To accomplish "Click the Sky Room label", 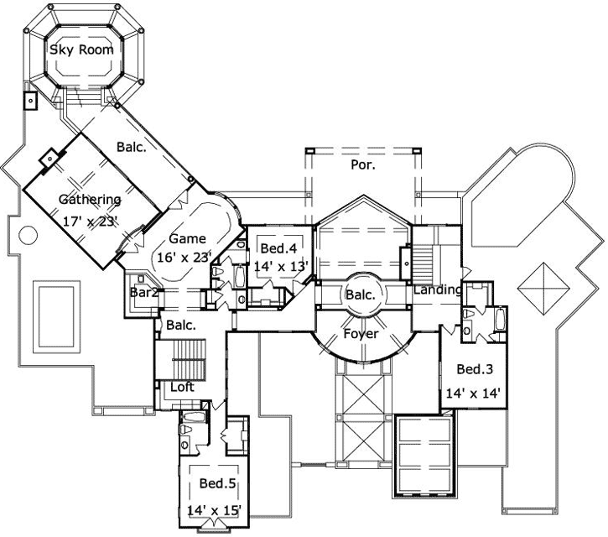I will pyautogui.click(x=81, y=50).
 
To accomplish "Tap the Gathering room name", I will pyautogui.click(x=90, y=200).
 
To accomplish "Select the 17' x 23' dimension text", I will pyautogui.click(x=90, y=221).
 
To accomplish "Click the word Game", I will pyautogui.click(x=187, y=238).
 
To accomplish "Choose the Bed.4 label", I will pyautogui.click(x=278, y=248).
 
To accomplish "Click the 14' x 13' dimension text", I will pyautogui.click(x=282, y=267).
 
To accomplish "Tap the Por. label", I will pyautogui.click(x=362, y=165).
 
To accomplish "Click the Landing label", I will pyautogui.click(x=437, y=290).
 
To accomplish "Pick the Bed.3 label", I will pyautogui.click(x=474, y=369).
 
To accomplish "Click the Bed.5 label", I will pyautogui.click(x=216, y=483).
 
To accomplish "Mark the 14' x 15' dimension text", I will pyautogui.click(x=215, y=508).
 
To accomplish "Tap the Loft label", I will pyautogui.click(x=183, y=388).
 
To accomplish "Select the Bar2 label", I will pyautogui.click(x=144, y=293).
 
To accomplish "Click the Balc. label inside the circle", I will pyautogui.click(x=361, y=295).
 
